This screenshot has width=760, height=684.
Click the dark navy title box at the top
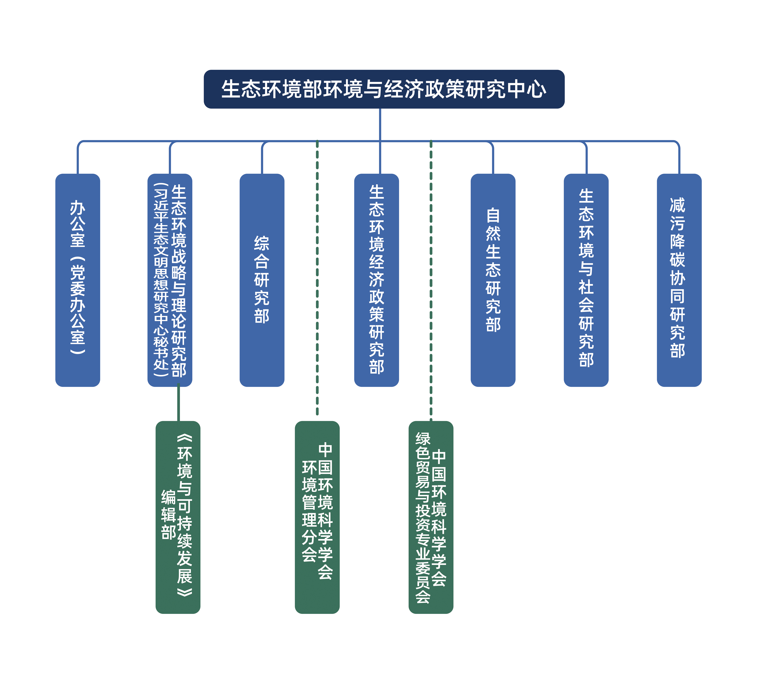tap(384, 89)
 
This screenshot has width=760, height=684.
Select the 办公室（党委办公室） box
tap(78, 280)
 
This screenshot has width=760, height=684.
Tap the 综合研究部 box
tap(262, 280)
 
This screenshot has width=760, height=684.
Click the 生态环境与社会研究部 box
tap(586, 280)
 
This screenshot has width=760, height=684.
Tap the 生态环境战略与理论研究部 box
tap(170, 280)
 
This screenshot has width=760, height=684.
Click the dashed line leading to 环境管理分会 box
tap(317, 278)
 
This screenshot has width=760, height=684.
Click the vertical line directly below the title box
tap(380, 124)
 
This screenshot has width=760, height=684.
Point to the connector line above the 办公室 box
tap(78, 158)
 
